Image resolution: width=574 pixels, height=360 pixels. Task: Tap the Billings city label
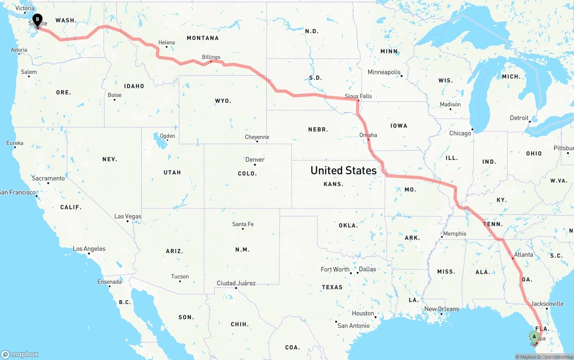[x=211, y=57]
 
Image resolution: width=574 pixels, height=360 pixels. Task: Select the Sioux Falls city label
[x=358, y=96]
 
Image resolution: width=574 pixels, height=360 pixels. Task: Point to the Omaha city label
[x=368, y=135]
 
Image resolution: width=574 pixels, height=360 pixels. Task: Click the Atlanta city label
[x=523, y=255]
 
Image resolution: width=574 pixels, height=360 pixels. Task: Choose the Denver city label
[x=255, y=160]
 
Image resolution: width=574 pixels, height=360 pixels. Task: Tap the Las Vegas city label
[x=128, y=217]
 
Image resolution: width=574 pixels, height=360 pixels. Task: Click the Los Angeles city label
[x=89, y=249]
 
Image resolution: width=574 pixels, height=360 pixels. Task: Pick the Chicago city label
[x=460, y=133]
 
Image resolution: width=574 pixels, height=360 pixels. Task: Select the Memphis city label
[x=455, y=234]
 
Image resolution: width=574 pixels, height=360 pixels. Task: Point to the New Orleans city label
[x=442, y=309]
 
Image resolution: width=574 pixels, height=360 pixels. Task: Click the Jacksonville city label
[x=547, y=304]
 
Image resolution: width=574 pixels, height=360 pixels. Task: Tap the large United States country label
[x=344, y=170]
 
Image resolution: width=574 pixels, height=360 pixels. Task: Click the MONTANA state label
[x=203, y=38]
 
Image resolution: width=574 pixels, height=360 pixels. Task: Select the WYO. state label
[x=223, y=101]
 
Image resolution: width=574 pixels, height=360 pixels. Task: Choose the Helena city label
[x=167, y=43]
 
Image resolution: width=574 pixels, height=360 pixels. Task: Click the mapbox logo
[x=20, y=354]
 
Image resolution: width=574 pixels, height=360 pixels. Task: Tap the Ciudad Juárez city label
[x=236, y=283]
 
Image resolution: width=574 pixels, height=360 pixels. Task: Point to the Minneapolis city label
[x=384, y=72]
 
